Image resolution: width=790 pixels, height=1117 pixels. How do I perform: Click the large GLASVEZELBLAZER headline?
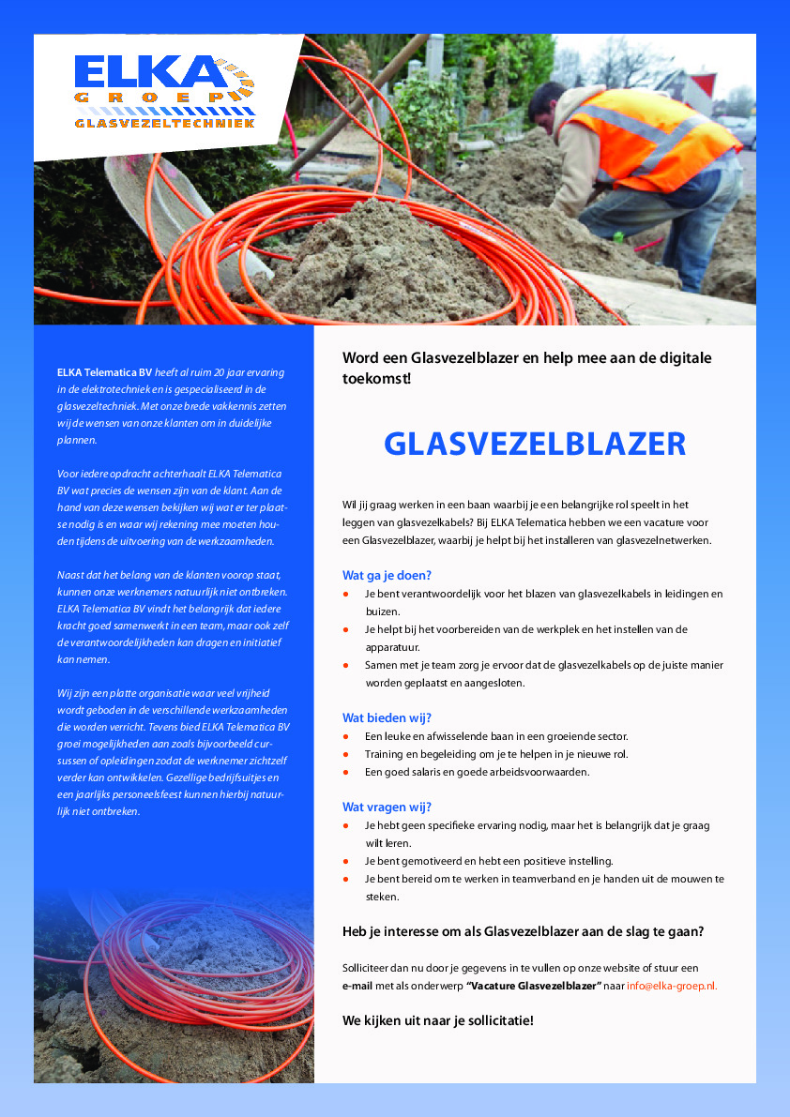click(535, 444)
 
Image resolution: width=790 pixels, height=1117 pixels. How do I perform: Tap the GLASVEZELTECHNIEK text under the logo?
click(164, 123)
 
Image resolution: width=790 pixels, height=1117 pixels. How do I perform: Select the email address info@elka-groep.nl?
click(673, 986)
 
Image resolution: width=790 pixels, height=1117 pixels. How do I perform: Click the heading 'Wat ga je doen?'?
click(387, 575)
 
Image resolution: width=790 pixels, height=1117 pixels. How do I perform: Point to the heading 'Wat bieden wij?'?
click(387, 717)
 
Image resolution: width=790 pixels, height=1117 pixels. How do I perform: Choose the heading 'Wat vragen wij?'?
click(387, 807)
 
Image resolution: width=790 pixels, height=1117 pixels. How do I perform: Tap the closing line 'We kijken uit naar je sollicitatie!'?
click(437, 1019)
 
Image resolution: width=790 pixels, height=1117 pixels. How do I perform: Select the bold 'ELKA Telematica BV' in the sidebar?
click(104, 372)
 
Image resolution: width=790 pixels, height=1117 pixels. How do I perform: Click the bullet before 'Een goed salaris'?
click(346, 773)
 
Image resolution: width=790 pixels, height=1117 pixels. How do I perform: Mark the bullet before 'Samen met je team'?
click(346, 666)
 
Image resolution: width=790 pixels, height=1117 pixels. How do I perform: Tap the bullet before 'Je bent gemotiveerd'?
click(346, 861)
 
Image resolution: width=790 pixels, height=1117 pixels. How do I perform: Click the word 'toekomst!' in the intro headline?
click(376, 379)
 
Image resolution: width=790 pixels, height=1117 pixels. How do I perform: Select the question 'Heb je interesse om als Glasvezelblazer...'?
click(523, 931)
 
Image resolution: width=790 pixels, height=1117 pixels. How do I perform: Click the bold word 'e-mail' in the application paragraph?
click(357, 986)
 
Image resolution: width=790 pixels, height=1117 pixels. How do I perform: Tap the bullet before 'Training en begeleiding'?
click(346, 755)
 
